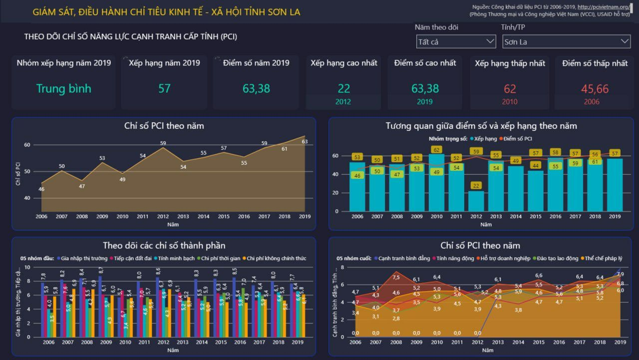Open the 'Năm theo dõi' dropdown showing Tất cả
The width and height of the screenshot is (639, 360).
click(x=455, y=42)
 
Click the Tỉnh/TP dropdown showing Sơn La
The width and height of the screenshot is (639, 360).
click(x=566, y=42)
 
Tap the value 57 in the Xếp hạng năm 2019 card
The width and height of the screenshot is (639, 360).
click(x=164, y=89)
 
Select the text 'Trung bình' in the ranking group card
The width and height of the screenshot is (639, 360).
click(x=63, y=89)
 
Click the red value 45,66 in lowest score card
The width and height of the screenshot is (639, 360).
click(x=595, y=89)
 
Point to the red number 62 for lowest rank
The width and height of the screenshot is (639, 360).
click(x=510, y=89)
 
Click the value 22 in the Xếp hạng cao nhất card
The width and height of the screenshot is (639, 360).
click(x=343, y=88)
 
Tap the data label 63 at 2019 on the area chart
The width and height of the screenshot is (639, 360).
click(x=305, y=142)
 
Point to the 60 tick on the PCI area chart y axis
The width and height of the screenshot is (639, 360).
click(x=27, y=145)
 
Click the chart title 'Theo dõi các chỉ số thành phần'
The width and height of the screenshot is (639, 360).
click(x=164, y=245)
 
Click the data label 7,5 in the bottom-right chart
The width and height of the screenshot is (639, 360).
click(x=396, y=278)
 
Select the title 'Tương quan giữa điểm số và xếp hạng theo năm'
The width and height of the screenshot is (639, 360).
click(x=481, y=126)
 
